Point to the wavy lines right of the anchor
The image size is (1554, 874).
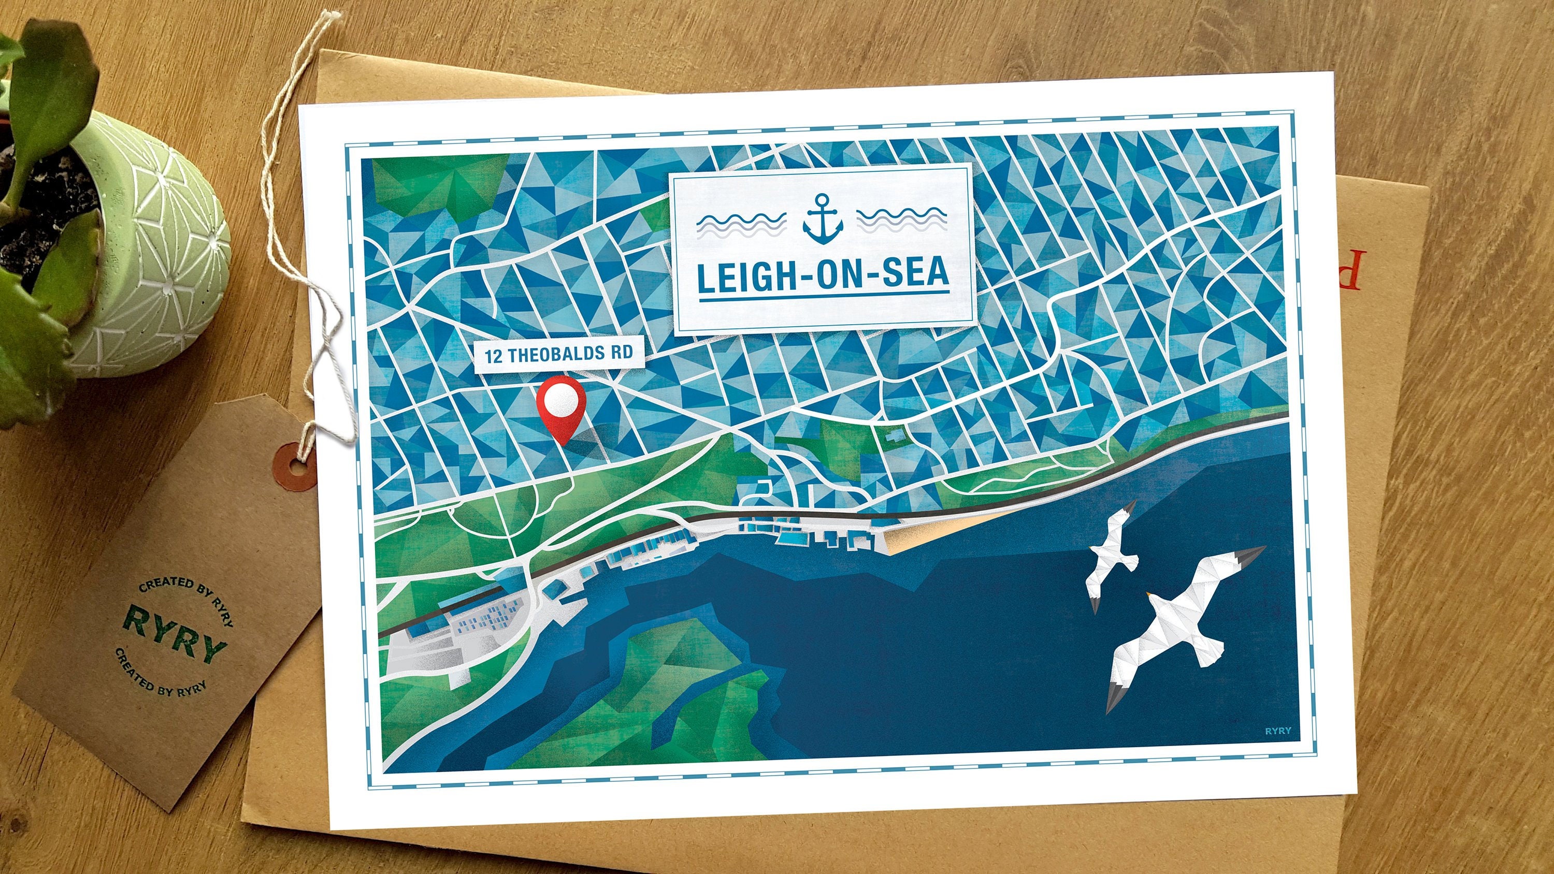901,222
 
